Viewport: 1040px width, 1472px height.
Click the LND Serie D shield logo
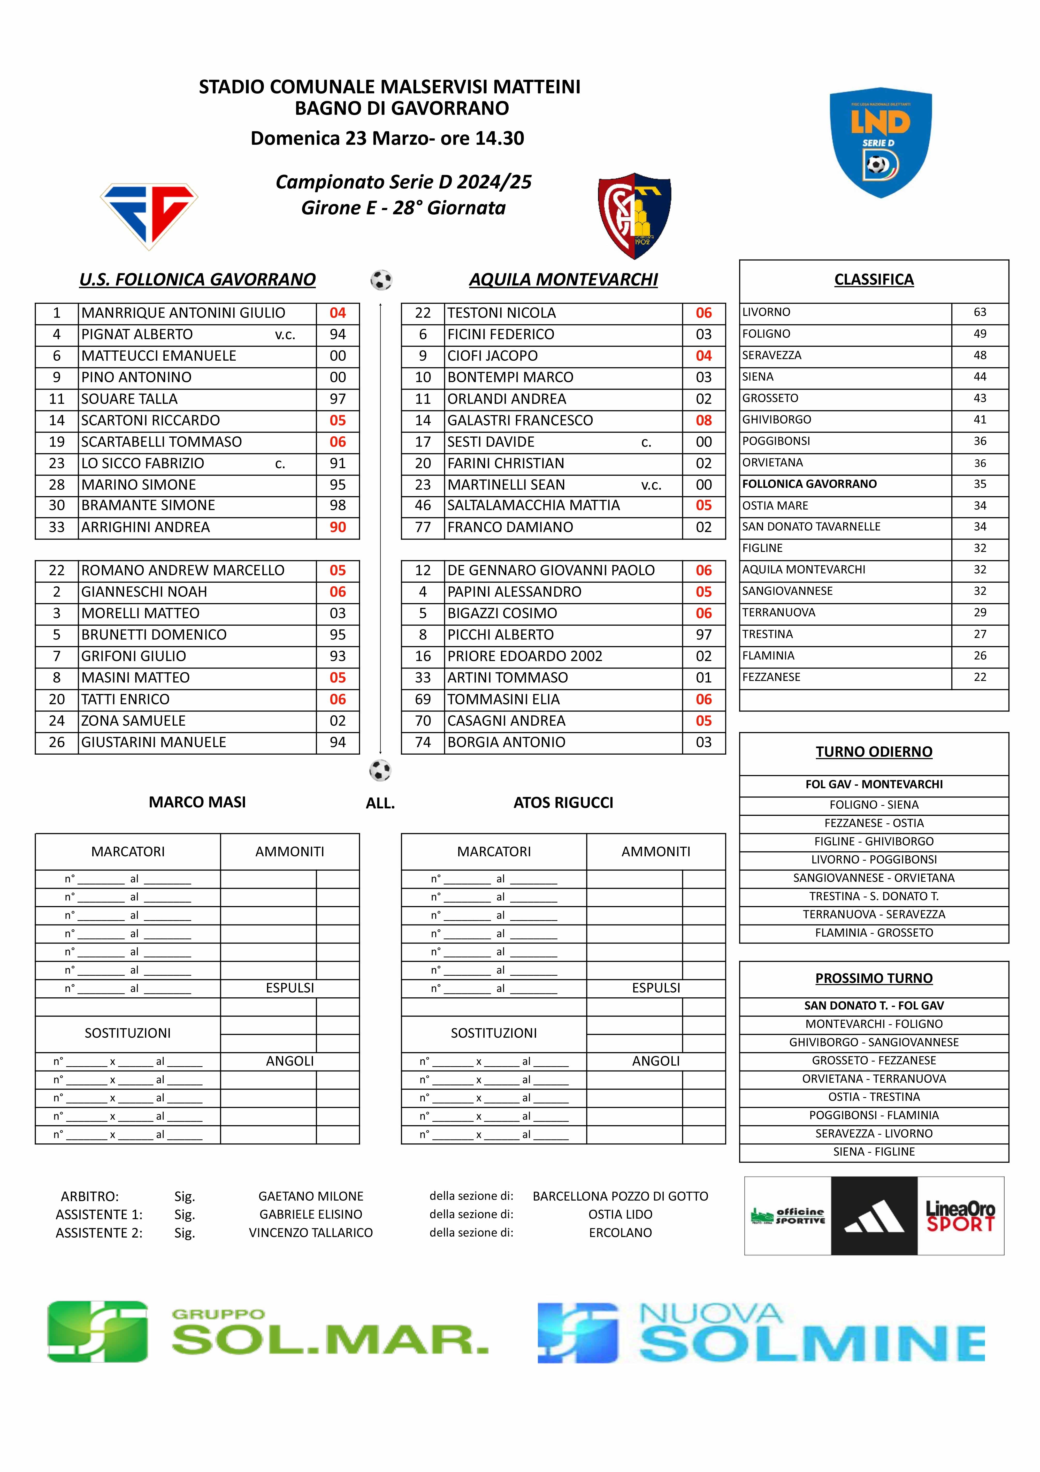tap(881, 142)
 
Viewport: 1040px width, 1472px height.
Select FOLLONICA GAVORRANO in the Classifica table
tap(809, 484)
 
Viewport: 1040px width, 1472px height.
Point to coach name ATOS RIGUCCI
tap(563, 803)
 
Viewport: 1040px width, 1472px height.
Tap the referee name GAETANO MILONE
tap(311, 1196)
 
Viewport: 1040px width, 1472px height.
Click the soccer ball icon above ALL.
tap(380, 770)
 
